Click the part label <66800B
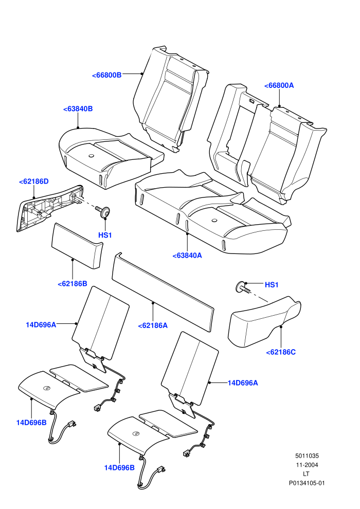[x=107, y=75]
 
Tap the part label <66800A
[x=279, y=85]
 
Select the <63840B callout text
[x=78, y=109]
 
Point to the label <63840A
[x=187, y=256]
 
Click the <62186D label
[x=34, y=181]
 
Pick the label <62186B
[x=73, y=284]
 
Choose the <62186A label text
[x=153, y=325]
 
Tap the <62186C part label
[x=281, y=352]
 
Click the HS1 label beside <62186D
[x=105, y=235]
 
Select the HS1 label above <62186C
[x=272, y=285]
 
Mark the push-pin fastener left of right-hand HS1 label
[x=243, y=287]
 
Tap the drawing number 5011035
[x=307, y=456]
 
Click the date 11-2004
[x=307, y=465]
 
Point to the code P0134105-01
[x=307, y=483]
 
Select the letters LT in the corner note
[x=306, y=474]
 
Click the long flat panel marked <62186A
[x=163, y=292]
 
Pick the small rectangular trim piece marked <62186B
[x=77, y=246]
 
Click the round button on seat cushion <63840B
[x=91, y=156]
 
